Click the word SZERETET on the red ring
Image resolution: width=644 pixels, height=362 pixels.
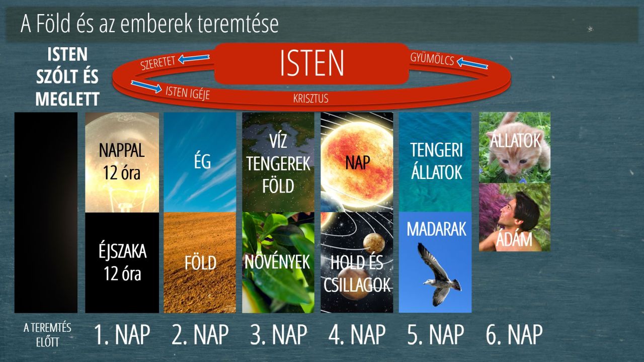click(x=158, y=63)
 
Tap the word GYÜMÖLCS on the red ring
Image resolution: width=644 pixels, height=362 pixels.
click(x=432, y=59)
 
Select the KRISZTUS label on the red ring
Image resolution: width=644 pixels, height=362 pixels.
click(x=311, y=99)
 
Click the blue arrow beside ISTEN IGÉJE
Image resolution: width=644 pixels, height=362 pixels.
click(x=146, y=87)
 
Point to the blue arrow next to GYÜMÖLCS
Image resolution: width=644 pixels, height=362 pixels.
click(x=472, y=63)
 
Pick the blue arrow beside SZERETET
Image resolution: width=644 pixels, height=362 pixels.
click(x=194, y=59)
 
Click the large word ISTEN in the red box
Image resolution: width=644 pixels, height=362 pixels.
click(x=311, y=63)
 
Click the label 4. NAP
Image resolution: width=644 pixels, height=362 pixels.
click(x=357, y=334)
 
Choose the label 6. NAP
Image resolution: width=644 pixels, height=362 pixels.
click(x=514, y=334)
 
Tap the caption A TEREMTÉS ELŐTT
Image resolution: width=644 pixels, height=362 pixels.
click(x=47, y=335)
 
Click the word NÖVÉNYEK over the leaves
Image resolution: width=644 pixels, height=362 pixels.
click(x=277, y=262)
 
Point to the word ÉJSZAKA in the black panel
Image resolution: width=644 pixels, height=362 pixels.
click(x=122, y=251)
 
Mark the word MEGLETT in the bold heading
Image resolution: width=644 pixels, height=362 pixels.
click(x=67, y=99)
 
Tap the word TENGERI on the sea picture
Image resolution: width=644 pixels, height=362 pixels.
click(x=436, y=150)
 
